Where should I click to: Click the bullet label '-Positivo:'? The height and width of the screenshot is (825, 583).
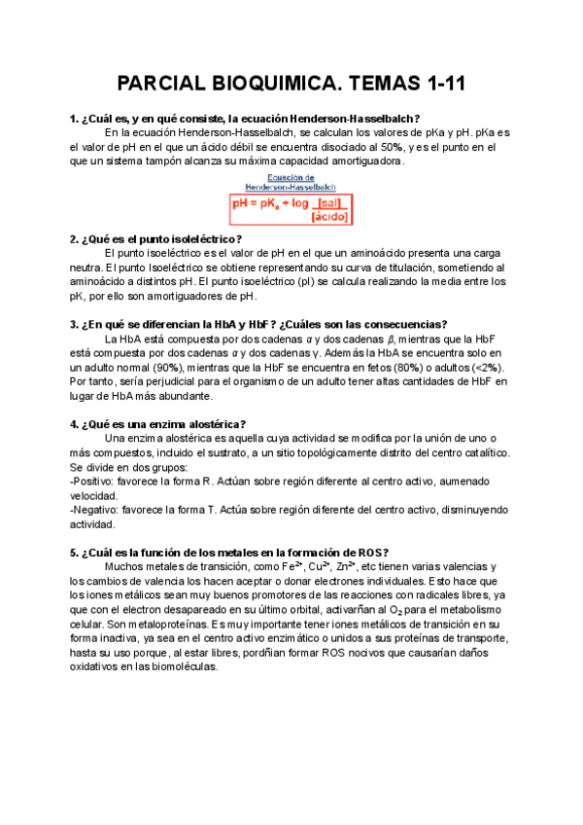click(96, 481)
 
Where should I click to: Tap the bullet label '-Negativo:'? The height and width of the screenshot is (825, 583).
click(98, 509)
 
